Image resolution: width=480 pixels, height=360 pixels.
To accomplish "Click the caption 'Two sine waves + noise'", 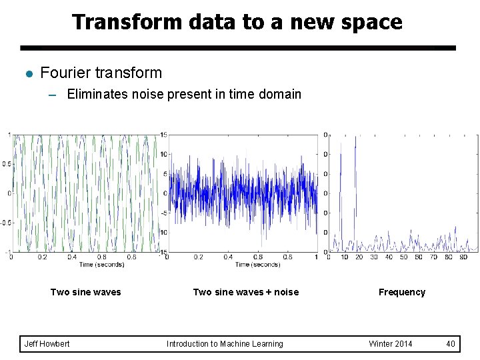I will (245, 292).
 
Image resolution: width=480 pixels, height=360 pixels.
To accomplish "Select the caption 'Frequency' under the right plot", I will (401, 292).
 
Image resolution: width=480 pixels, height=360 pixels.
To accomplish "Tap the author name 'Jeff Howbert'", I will (47, 344).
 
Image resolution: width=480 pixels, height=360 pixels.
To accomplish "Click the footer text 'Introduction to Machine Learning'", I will (225, 344).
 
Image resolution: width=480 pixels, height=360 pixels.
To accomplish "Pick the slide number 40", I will (451, 344).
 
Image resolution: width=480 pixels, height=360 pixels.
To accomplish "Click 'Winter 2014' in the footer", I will (390, 344).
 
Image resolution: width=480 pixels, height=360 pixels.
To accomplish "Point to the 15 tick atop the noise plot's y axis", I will (164, 135).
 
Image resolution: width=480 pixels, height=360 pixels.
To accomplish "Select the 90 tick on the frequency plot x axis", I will (463, 257).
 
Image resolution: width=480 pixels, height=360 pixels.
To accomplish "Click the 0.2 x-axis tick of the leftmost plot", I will (42, 257).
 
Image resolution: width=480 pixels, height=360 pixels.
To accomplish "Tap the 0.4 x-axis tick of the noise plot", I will (228, 257).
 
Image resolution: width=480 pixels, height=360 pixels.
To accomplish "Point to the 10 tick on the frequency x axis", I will (344, 257).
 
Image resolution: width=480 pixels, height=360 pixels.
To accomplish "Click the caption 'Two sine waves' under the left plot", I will (86, 292).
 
